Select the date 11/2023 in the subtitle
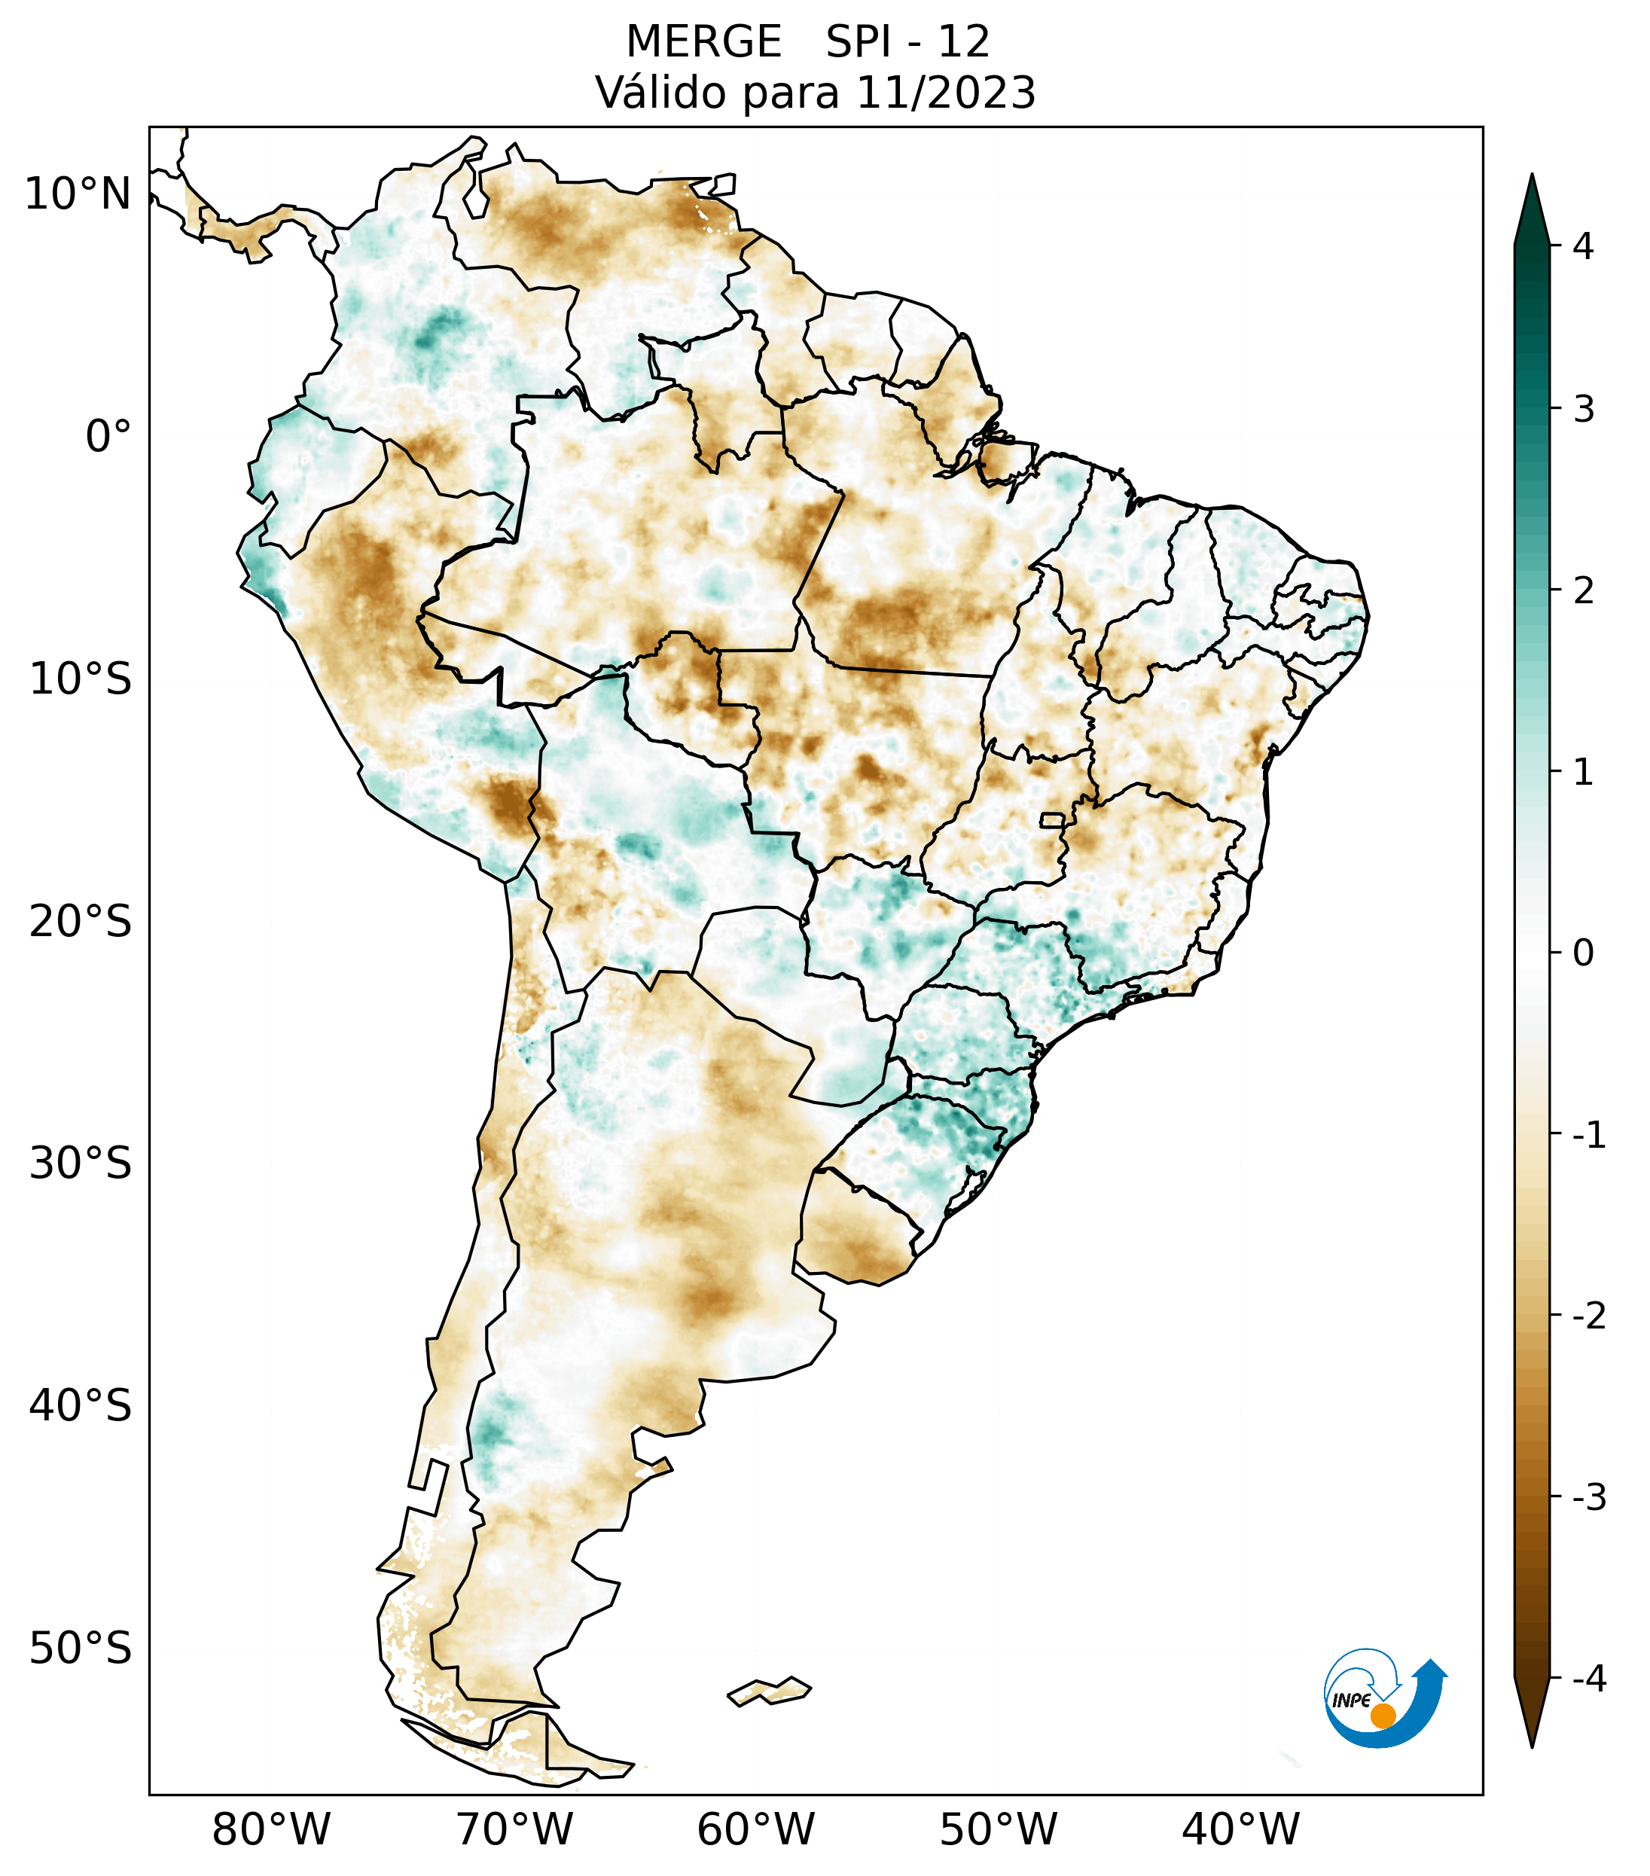[946, 93]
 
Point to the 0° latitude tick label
[108, 437]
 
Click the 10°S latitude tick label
[81, 679]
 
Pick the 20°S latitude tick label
[81, 922]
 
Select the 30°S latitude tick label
[81, 1164]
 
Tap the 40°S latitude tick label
[81, 1406]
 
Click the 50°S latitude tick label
[81, 1649]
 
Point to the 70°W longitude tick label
[515, 1829]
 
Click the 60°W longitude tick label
[756, 1829]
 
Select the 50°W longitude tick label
[999, 1829]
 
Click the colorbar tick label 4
[1583, 246]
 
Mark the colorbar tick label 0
[1583, 953]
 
